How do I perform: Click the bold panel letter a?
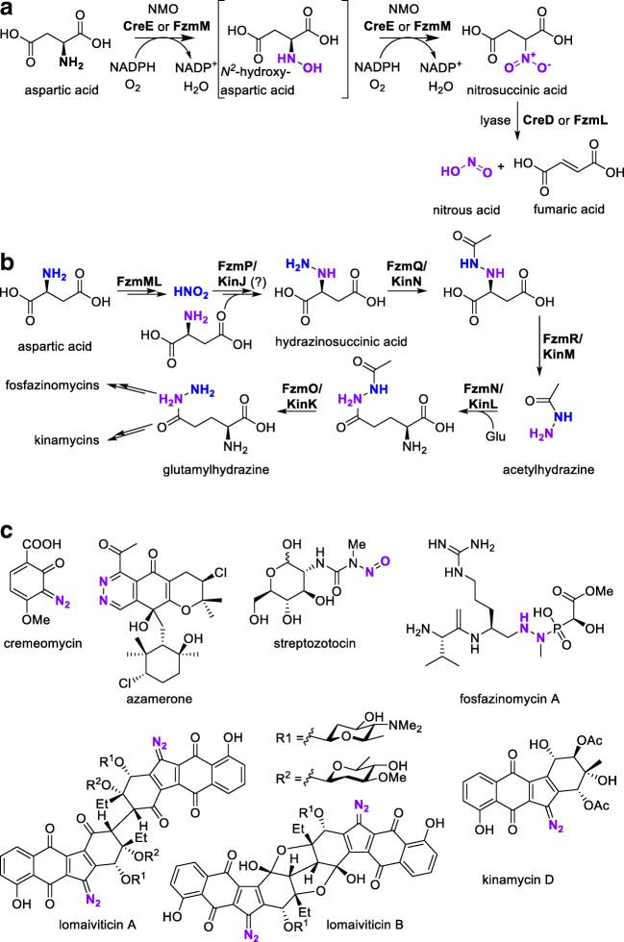click(x=9, y=11)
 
